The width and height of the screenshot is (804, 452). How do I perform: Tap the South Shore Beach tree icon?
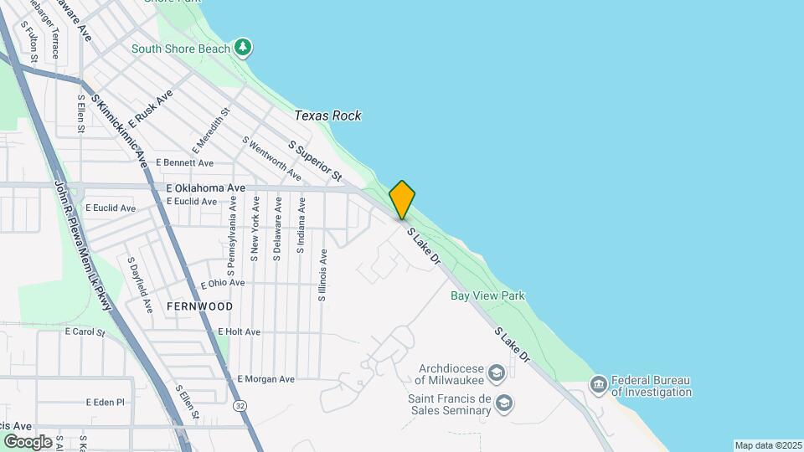tap(243, 47)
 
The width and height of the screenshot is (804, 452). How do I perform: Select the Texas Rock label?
tap(327, 116)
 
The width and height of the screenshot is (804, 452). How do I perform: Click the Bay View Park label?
tap(487, 295)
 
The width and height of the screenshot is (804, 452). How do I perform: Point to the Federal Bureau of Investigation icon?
tap(599, 384)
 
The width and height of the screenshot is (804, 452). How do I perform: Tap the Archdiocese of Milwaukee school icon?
tap(497, 372)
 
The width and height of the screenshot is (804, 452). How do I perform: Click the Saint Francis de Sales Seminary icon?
tap(503, 403)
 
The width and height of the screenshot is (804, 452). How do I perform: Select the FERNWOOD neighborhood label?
tap(199, 306)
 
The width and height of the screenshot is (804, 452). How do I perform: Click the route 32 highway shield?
tap(241, 405)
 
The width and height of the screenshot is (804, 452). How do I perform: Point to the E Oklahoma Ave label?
tap(205, 188)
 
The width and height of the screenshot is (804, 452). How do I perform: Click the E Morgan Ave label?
tap(265, 379)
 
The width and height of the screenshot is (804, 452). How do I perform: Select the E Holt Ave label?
tap(239, 332)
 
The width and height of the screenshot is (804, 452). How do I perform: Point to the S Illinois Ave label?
tap(322, 275)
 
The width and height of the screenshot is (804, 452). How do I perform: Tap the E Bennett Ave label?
tap(184, 162)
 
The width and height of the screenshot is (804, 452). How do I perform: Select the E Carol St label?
tap(85, 332)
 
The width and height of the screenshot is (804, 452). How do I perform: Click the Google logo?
tap(28, 441)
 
